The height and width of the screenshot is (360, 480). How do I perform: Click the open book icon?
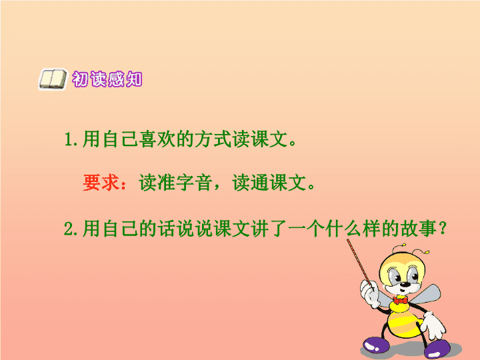(53, 79)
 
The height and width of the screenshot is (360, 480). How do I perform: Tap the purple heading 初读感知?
(107, 79)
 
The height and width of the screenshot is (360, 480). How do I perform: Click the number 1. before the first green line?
(71, 139)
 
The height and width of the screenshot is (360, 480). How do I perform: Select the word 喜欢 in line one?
(157, 139)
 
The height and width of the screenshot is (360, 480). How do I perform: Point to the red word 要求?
(101, 183)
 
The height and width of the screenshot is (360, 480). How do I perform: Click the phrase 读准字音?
(176, 183)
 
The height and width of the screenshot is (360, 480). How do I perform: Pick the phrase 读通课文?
(269, 183)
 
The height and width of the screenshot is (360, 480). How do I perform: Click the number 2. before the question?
(71, 229)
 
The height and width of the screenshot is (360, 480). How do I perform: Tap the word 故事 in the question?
(419, 229)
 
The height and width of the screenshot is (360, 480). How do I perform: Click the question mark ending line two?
(443, 229)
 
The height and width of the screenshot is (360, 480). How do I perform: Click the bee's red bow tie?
(401, 300)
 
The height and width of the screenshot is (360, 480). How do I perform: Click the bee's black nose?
(405, 285)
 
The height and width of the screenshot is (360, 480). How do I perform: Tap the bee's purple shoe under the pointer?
(375, 344)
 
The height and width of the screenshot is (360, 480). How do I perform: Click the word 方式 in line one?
(213, 139)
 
